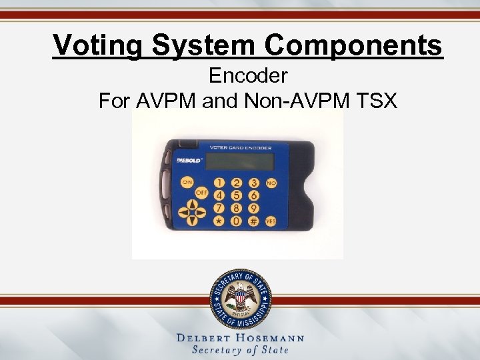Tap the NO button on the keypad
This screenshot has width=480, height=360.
click(271, 181)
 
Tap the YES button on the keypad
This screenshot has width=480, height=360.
click(271, 220)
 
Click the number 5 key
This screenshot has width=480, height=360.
click(236, 195)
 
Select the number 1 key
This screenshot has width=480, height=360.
click(219, 183)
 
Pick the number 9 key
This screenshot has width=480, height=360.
click(254, 207)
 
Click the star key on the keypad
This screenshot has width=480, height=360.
click(219, 220)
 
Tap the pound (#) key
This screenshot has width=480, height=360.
click(253, 220)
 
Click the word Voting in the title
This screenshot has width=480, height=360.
click(99, 45)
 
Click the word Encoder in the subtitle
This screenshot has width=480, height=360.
click(248, 77)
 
